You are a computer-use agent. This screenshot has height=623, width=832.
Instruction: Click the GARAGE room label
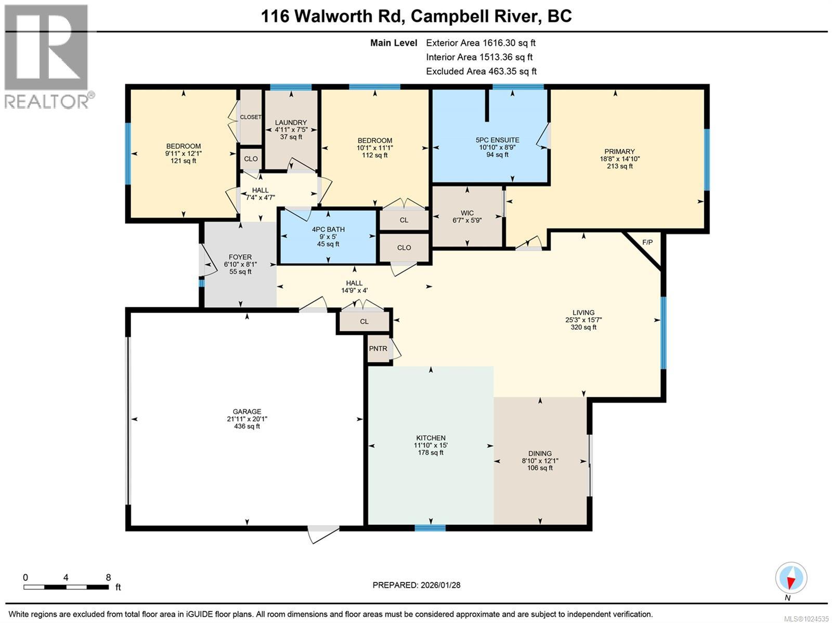[x=247, y=411]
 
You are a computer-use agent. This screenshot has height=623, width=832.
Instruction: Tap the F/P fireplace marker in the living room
[x=647, y=242]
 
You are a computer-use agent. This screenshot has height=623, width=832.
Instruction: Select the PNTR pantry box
[x=378, y=348]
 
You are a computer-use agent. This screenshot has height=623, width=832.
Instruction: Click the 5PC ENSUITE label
[x=497, y=140]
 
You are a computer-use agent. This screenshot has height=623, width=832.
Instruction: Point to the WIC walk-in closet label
[x=467, y=213]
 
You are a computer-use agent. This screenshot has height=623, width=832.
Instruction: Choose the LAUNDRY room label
[x=291, y=123]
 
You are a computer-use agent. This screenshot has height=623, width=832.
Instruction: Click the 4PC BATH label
[x=328, y=229]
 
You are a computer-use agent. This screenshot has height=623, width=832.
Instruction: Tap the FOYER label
[x=240, y=257]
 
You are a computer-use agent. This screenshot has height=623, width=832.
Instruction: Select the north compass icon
[x=790, y=578]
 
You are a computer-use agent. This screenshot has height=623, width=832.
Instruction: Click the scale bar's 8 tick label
[x=108, y=577]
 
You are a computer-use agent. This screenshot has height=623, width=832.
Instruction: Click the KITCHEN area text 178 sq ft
[x=431, y=452]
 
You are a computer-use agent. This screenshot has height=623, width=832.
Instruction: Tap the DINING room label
[x=540, y=453]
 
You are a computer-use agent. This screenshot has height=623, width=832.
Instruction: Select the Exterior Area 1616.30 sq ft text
[x=480, y=43]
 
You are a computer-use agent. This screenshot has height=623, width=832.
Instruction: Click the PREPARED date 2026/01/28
[x=439, y=585]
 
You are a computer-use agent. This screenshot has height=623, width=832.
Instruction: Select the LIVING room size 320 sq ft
[x=583, y=327]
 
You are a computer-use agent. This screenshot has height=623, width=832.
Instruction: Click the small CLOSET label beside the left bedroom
[x=251, y=117]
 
